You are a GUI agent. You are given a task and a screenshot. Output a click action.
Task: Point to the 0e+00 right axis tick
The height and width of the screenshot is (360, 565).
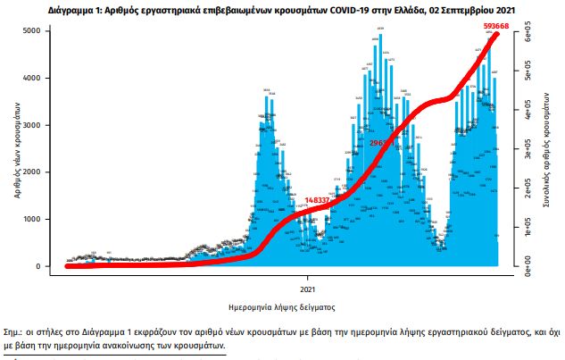[528, 265]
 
